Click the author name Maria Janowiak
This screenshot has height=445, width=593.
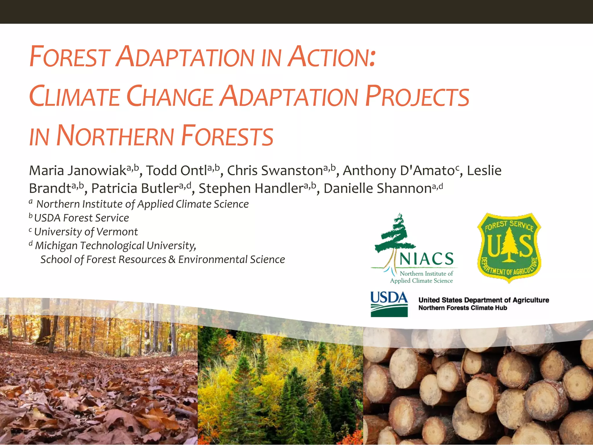[78, 171]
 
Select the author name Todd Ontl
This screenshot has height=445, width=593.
[177, 171]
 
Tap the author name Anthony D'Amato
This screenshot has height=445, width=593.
[398, 171]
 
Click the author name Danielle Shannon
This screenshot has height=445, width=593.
[378, 189]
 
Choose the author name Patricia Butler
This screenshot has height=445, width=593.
[135, 189]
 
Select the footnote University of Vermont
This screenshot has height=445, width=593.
[86, 232]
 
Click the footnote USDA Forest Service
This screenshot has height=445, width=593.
[81, 218]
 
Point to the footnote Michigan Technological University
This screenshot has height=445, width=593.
[115, 246]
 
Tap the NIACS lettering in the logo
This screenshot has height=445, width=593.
[426, 259]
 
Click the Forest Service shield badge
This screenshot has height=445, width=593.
[509, 248]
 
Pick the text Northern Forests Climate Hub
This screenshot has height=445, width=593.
[462, 308]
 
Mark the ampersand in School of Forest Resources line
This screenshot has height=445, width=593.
[172, 259]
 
